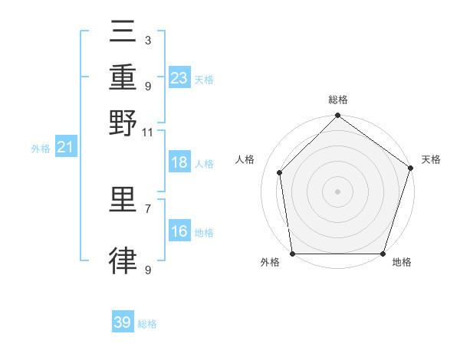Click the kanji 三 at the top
tap(123, 31)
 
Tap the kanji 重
tap(123, 77)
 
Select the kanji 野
tap(123, 122)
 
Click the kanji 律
tap(123, 260)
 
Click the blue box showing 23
tap(179, 78)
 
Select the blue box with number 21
tap(64, 148)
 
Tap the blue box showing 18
tap(179, 163)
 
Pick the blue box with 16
tap(179, 232)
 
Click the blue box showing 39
tap(123, 322)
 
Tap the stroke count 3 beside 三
tap(147, 40)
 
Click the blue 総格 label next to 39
tap(147, 324)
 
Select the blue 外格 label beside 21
tap(41, 149)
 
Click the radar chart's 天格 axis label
tap(431, 159)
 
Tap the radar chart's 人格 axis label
tap(245, 159)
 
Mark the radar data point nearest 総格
tap(337, 116)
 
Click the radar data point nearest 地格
tap(383, 254)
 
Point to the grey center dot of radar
tap(337, 191)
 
